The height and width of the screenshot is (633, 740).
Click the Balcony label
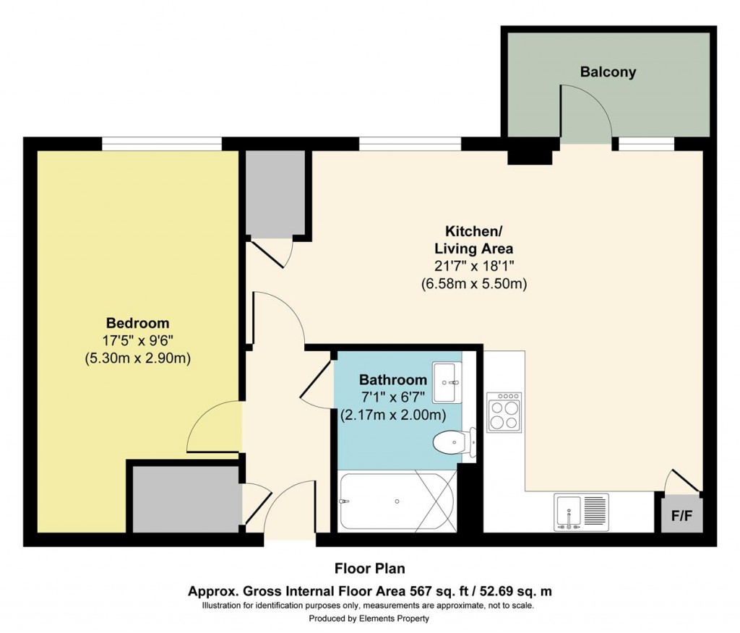tap(608, 72)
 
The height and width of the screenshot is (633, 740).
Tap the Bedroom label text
tap(137, 323)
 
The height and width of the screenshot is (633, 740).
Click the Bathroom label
tap(393, 380)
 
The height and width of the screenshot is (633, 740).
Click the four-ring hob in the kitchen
tap(504, 413)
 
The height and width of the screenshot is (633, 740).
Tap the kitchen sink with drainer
tap(581, 512)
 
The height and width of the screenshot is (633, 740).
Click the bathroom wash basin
tap(446, 382)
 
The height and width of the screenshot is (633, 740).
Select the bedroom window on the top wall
tap(160, 145)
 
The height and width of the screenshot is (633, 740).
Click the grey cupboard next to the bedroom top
tap(275, 194)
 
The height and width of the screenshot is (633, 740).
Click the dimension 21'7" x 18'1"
tap(473, 266)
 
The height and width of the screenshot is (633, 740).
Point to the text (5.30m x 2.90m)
tap(137, 357)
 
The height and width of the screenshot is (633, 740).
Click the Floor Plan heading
tap(374, 568)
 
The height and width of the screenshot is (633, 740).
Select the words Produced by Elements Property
tap(369, 619)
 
